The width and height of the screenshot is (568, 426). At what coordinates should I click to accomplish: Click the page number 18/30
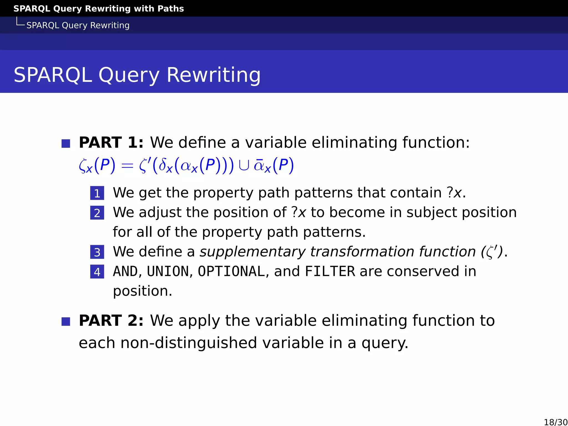pos(556,422)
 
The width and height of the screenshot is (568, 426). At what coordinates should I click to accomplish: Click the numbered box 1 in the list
pos(97,193)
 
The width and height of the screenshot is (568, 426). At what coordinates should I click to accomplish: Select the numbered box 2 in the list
pos(97,213)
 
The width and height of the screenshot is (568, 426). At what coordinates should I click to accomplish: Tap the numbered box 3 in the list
pos(97,252)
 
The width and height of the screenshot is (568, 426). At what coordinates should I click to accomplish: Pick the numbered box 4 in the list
pos(97,272)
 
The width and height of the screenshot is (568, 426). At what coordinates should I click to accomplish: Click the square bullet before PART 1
pos(66,143)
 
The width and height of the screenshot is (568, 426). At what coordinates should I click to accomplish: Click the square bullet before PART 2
pos(66,321)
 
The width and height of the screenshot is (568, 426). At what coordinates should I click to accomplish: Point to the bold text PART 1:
pos(111,143)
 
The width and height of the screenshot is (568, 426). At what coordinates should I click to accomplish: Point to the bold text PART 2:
pos(111,321)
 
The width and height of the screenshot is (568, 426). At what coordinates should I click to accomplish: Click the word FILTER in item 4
pos(330,271)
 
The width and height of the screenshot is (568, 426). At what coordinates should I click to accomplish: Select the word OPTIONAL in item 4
pos(231,271)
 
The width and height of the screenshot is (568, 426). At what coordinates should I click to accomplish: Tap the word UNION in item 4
pos(168,271)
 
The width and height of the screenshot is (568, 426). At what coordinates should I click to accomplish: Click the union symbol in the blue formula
pos(244,166)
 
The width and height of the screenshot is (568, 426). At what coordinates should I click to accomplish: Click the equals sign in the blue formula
pos(127,166)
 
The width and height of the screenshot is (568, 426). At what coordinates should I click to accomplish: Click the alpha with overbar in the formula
pos(259,165)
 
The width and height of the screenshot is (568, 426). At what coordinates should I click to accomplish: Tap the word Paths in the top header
pos(171,8)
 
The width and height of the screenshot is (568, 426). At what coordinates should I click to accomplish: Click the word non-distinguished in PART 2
pos(189,343)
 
